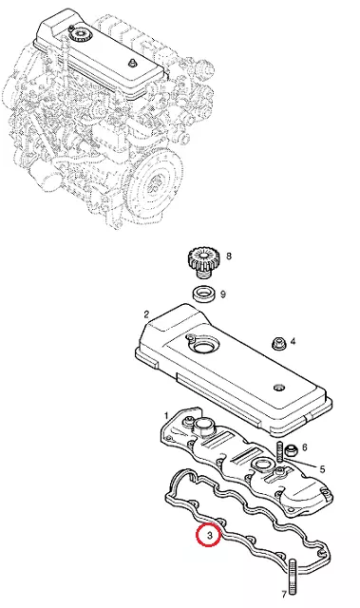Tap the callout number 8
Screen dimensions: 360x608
(x=229, y=256)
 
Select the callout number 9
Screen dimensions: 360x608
(x=223, y=294)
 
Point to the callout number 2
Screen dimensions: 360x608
(x=146, y=314)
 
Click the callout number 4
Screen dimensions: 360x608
(x=293, y=342)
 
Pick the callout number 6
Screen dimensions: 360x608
(x=305, y=447)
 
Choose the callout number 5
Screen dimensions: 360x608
(x=322, y=469)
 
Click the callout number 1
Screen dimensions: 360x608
(x=166, y=416)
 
